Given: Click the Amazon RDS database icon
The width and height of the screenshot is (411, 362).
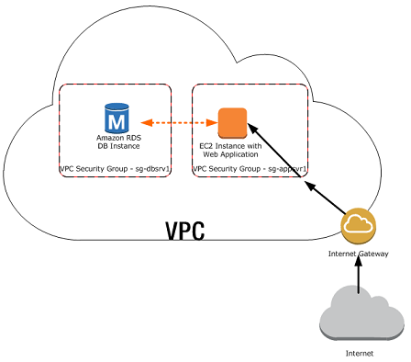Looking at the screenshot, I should click(117, 118).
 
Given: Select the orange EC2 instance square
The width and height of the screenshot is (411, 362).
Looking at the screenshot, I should click(232, 122).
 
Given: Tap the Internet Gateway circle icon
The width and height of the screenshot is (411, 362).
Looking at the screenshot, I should click(356, 226).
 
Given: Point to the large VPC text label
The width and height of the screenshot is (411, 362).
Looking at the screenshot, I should click(184, 231).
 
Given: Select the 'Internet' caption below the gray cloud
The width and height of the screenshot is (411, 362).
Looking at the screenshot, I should click(359, 352).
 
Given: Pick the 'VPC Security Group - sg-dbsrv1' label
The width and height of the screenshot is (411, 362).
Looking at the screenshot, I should click(115, 170).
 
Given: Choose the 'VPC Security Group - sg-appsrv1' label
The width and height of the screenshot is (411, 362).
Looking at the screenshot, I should click(249, 170).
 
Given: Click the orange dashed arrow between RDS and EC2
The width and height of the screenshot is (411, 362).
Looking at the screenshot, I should click(173, 121).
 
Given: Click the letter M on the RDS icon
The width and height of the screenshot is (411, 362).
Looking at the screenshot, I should click(117, 119).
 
